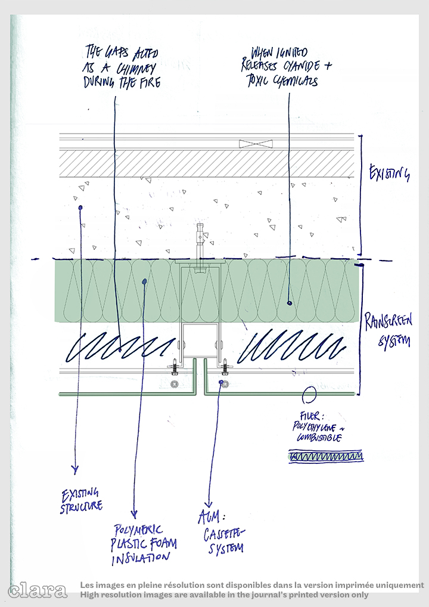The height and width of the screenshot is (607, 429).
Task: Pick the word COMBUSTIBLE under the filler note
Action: point(319,438)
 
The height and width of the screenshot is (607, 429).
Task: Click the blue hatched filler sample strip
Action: point(325,457)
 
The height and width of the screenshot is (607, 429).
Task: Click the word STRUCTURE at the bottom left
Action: point(81,507)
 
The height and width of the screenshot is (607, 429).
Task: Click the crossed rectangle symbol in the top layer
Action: point(256,143)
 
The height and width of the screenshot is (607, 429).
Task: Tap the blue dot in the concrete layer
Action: point(79,208)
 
